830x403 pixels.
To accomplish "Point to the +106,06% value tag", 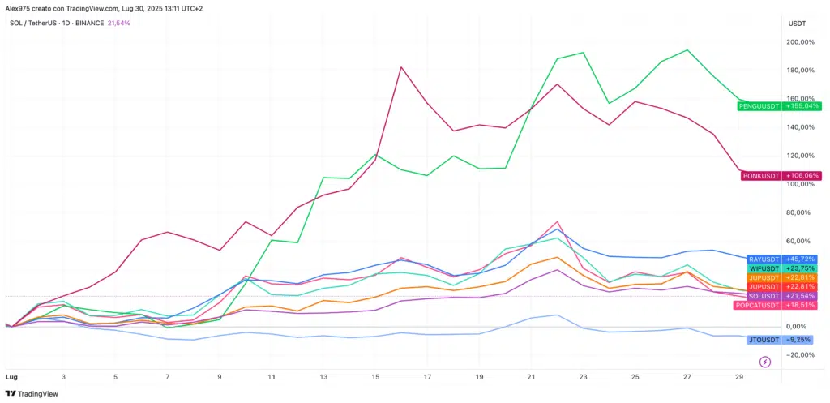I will click(802, 175).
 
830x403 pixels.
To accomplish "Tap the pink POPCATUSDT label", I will click(758, 305).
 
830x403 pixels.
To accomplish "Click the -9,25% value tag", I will click(802, 340).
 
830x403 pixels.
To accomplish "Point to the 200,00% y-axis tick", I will click(801, 42).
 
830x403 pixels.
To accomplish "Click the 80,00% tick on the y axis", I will click(801, 212).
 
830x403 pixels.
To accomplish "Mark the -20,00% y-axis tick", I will click(801, 355).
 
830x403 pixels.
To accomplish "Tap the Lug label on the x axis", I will click(11, 378).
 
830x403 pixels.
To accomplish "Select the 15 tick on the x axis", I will click(375, 378).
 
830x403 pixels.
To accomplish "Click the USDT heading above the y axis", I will click(796, 23).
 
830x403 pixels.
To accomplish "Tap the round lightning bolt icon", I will click(765, 362).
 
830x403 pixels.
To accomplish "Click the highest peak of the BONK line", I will click(402, 67).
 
